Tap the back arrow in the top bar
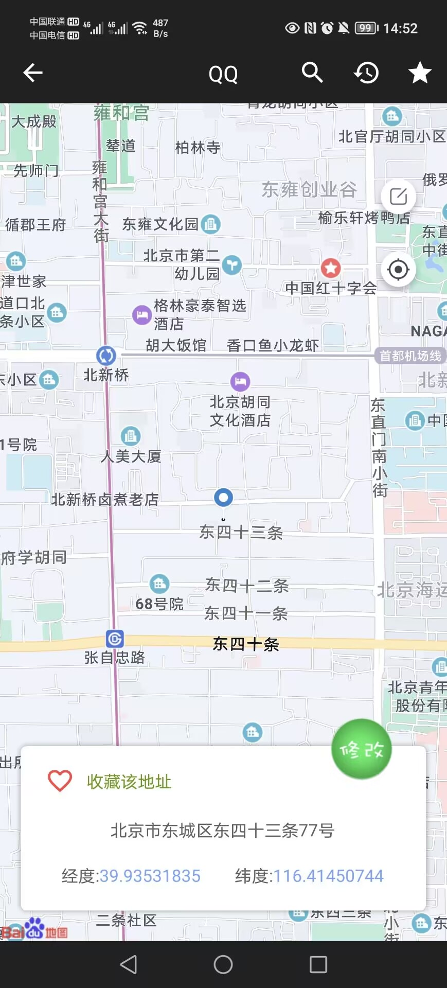[x=33, y=73]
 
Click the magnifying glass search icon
[x=312, y=73]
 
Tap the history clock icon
[x=366, y=73]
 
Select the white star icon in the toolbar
[x=420, y=73]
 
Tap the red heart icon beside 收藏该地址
[x=60, y=781]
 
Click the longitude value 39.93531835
[x=150, y=876]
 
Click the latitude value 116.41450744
[x=328, y=876]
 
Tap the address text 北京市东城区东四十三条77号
[x=223, y=830]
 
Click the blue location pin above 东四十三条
[x=223, y=498]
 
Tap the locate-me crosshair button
[x=398, y=270]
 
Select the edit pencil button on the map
[x=398, y=197]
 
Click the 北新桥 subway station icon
[x=106, y=356]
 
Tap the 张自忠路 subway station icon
[x=115, y=639]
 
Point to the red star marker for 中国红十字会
[x=331, y=268]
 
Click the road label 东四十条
[x=246, y=644]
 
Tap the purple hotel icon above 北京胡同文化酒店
[x=240, y=382]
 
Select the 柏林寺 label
[x=198, y=148]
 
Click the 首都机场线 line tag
[x=410, y=356]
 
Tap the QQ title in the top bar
[x=223, y=75]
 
